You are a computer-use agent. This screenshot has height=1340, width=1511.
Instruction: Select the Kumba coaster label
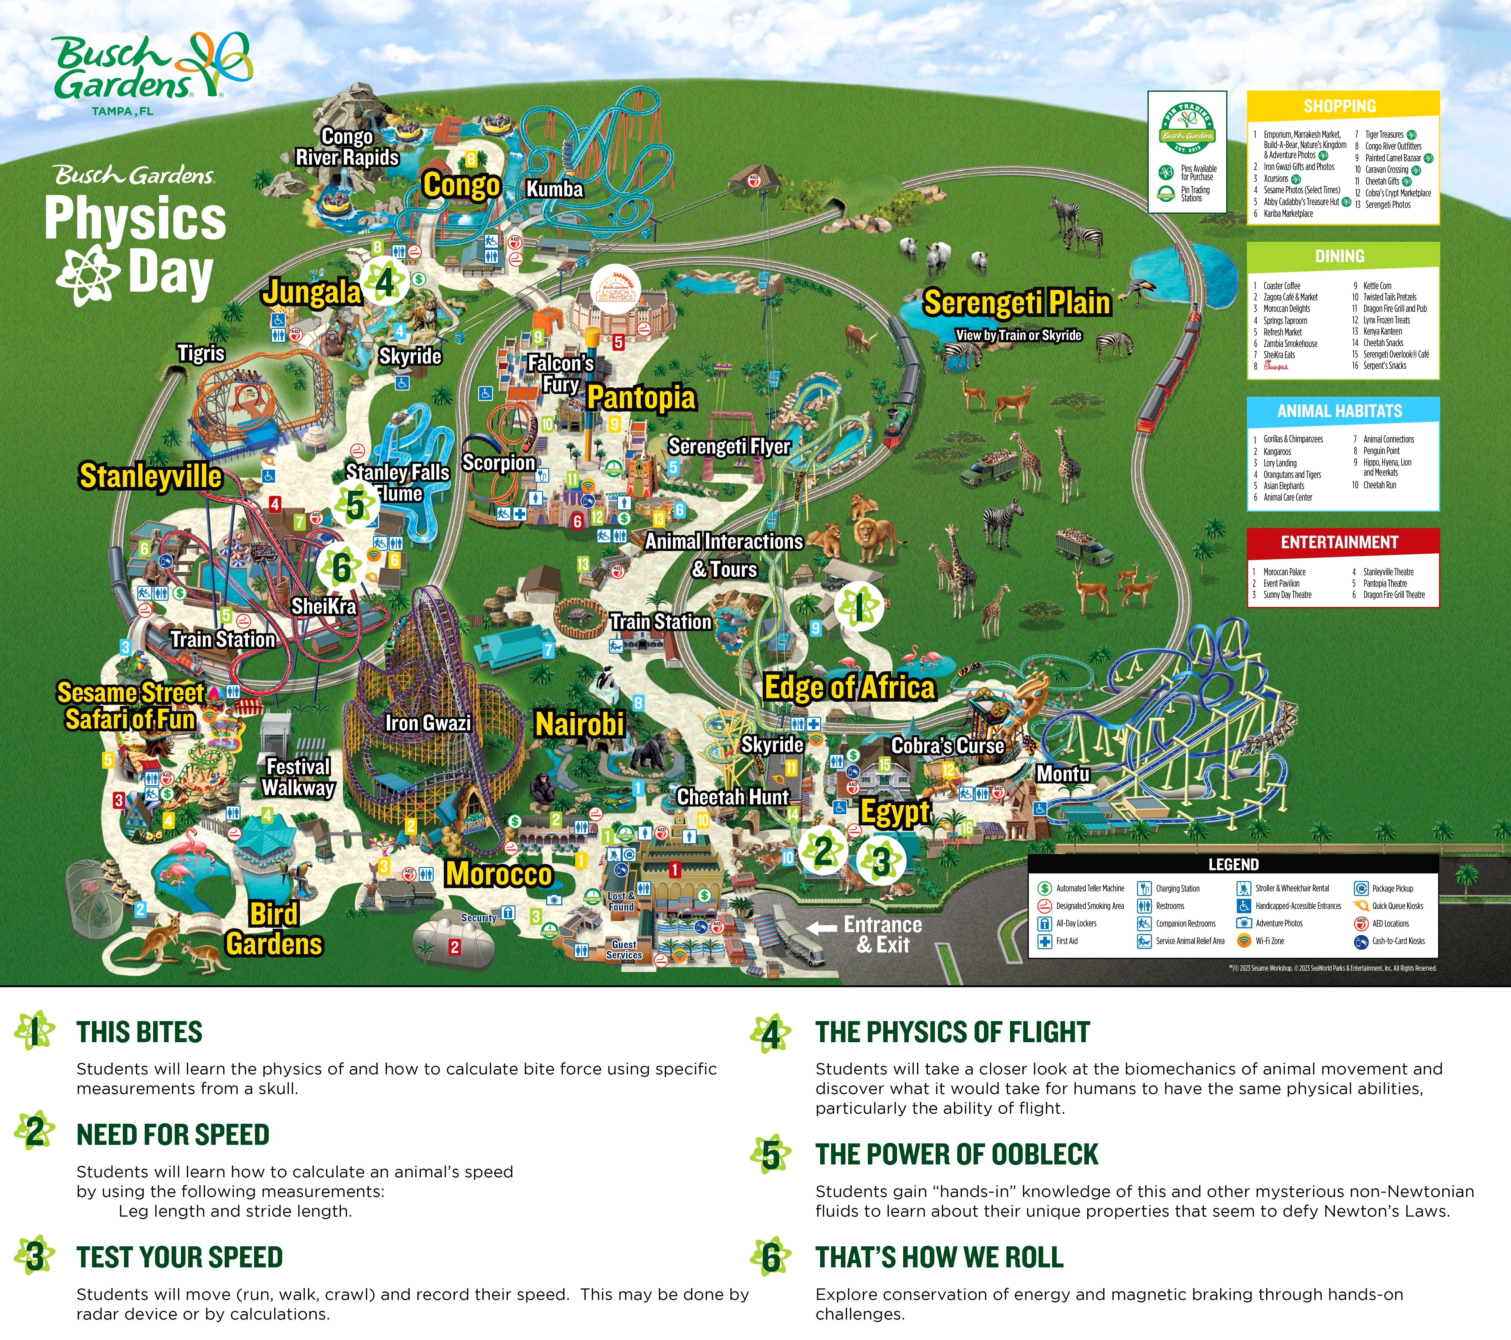555,189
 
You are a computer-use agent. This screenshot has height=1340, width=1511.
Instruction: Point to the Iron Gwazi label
428,723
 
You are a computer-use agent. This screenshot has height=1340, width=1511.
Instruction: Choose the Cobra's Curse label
948,746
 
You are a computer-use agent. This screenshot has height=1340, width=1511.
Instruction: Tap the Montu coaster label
1063,774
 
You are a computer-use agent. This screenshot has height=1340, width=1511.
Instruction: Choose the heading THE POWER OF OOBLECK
956,1155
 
